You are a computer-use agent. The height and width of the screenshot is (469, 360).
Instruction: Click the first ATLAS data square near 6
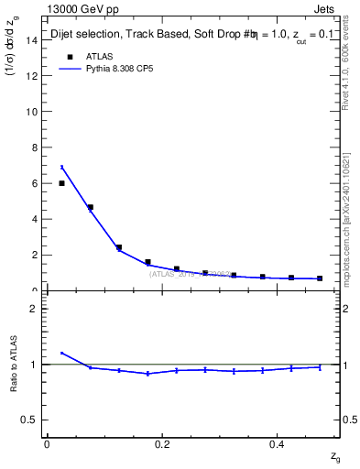click(x=61, y=183)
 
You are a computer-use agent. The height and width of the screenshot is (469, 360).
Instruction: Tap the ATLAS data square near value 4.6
click(x=90, y=207)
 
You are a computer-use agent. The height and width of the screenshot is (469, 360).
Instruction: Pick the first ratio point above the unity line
click(x=61, y=353)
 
